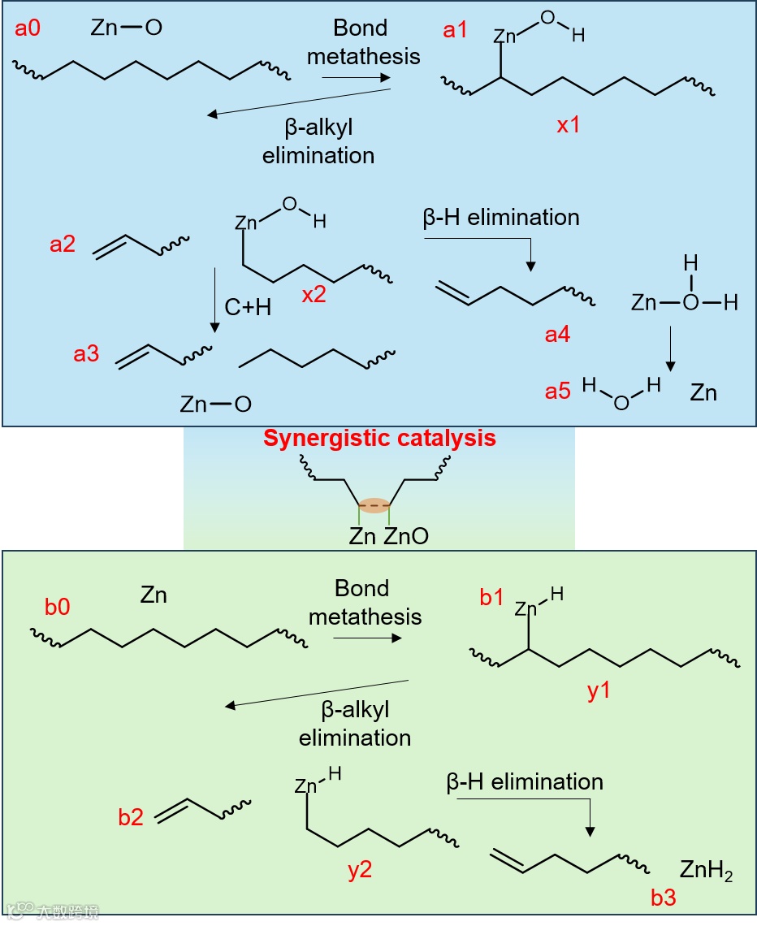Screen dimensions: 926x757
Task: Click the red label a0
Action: [x=28, y=30]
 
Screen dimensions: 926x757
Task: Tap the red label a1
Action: [x=456, y=31]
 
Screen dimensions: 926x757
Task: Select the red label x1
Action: [x=568, y=126]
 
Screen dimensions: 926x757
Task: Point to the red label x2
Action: [x=314, y=295]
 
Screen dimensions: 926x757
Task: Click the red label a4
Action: [x=557, y=333]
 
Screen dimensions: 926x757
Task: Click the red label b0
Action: [x=57, y=607]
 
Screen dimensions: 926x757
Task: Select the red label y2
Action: [x=360, y=870]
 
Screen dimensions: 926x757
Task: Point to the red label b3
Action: [x=664, y=898]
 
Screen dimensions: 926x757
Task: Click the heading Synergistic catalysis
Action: [x=378, y=439]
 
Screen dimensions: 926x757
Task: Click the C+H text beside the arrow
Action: [x=249, y=308]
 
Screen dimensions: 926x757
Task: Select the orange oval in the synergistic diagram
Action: [x=374, y=505]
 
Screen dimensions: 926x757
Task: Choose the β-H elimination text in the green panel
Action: [x=525, y=782]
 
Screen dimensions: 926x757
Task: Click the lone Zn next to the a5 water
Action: [x=703, y=393]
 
